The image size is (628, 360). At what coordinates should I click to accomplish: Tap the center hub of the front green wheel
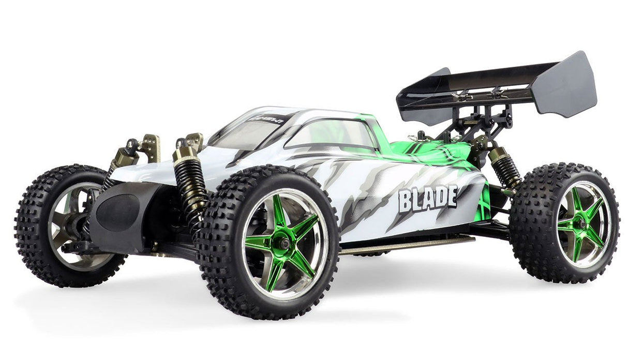click(x=283, y=243)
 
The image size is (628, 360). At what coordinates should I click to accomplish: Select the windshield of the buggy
click(x=243, y=132)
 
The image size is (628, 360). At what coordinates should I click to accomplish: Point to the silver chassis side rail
click(x=406, y=244)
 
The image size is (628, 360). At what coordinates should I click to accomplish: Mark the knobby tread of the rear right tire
click(x=528, y=248)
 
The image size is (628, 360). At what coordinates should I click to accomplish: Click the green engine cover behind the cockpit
click(x=429, y=153)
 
